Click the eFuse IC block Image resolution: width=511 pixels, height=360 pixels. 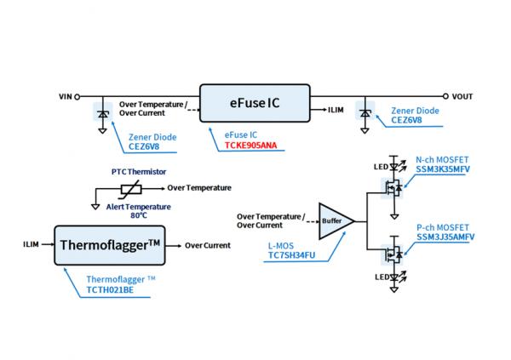click(253, 104)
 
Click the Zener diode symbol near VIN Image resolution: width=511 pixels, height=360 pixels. click(103, 112)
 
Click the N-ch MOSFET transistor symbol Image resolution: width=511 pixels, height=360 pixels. click(393, 184)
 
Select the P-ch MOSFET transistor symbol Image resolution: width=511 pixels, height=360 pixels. click(393, 253)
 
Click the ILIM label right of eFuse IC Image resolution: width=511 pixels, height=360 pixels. click(336, 110)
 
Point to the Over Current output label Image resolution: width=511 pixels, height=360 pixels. click(207, 245)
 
